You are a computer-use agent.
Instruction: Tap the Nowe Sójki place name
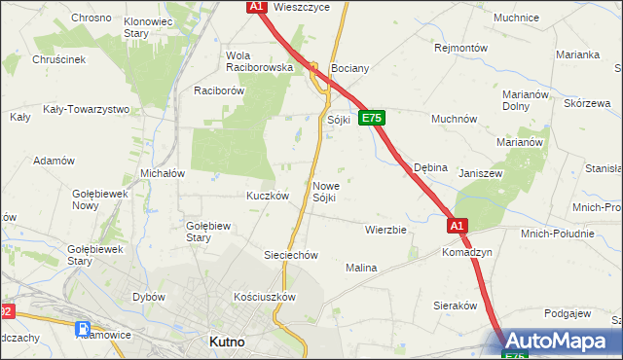(326, 192)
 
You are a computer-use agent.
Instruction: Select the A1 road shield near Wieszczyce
(255, 7)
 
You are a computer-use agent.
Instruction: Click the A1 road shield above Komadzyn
(458, 226)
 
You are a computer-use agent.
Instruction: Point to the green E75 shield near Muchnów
(372, 118)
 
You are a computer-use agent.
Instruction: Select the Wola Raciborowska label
(259, 61)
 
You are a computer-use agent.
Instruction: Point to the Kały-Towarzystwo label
(87, 109)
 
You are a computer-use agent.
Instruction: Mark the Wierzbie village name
(385, 231)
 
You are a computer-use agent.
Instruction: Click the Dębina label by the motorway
(430, 167)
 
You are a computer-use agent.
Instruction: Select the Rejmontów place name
(460, 47)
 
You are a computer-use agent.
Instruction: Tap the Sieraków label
(453, 305)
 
